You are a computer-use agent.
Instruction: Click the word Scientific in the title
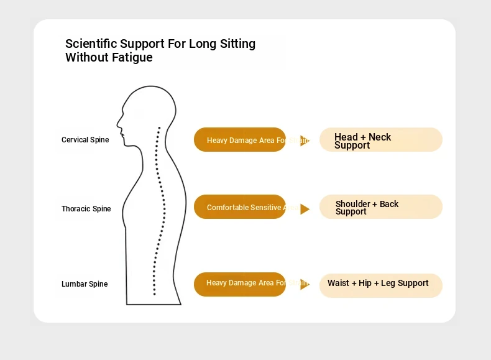pyautogui.click(x=91, y=44)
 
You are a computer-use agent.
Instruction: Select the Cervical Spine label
pyautogui.click(x=85, y=140)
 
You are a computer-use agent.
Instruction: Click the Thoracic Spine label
pyautogui.click(x=86, y=209)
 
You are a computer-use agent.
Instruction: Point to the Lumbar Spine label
pyautogui.click(x=85, y=284)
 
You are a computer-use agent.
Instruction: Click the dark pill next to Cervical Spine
pyautogui.click(x=240, y=140)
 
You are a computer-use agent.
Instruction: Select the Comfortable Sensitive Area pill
pyautogui.click(x=240, y=207)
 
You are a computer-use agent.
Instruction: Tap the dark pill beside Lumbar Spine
pyautogui.click(x=240, y=284)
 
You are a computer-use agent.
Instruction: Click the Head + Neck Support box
pyautogui.click(x=380, y=140)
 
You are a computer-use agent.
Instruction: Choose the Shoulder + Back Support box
pyautogui.click(x=380, y=207)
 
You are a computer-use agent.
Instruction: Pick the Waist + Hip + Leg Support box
pyautogui.click(x=380, y=285)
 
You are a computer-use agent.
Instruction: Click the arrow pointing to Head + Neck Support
pyautogui.click(x=305, y=141)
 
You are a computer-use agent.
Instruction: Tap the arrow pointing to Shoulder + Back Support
pyautogui.click(x=305, y=209)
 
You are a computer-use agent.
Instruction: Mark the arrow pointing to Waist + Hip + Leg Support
pyautogui.click(x=305, y=284)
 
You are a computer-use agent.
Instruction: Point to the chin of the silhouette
pyautogui.click(x=124, y=144)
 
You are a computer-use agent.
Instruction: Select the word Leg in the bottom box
pyautogui.click(x=388, y=283)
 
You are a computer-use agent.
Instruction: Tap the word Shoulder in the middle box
pyautogui.click(x=352, y=204)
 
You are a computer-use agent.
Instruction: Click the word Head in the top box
pyautogui.click(x=346, y=137)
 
